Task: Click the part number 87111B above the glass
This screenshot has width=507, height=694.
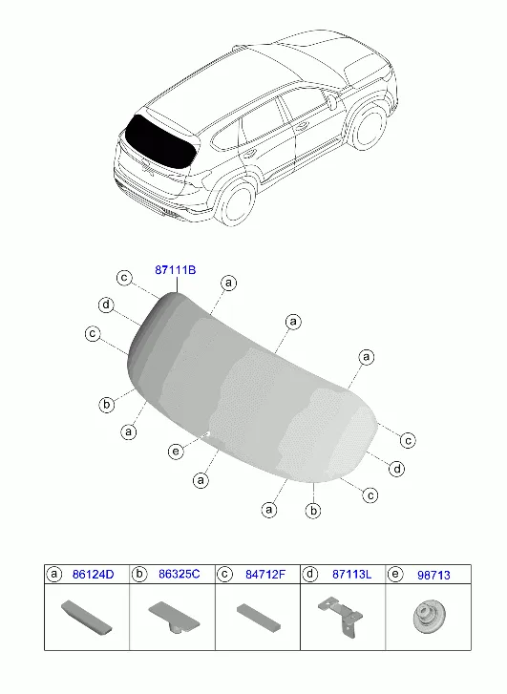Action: coord(176,269)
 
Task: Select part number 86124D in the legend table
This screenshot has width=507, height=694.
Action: coord(93,574)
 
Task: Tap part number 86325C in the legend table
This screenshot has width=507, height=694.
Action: coord(180,574)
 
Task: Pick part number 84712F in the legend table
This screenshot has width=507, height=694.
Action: coord(265,574)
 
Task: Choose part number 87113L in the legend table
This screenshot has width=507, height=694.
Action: coord(352,574)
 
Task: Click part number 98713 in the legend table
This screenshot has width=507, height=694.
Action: coord(433,575)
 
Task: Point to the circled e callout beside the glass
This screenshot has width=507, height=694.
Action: coord(176,451)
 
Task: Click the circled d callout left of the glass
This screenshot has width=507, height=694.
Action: coord(106,305)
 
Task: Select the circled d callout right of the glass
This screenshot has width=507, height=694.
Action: coord(397,469)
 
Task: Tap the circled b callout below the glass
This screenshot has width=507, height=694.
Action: coord(313,511)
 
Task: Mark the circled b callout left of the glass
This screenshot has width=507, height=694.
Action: coord(106,405)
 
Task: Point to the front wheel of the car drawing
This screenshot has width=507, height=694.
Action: coord(368,125)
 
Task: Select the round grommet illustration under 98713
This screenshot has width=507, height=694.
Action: coord(429,617)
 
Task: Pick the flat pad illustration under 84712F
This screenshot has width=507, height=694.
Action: coord(258,616)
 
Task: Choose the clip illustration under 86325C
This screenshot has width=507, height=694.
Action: coord(174,618)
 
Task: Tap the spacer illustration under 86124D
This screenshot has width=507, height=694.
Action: coord(86,617)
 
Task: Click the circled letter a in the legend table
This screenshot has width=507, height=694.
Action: coord(54,574)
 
